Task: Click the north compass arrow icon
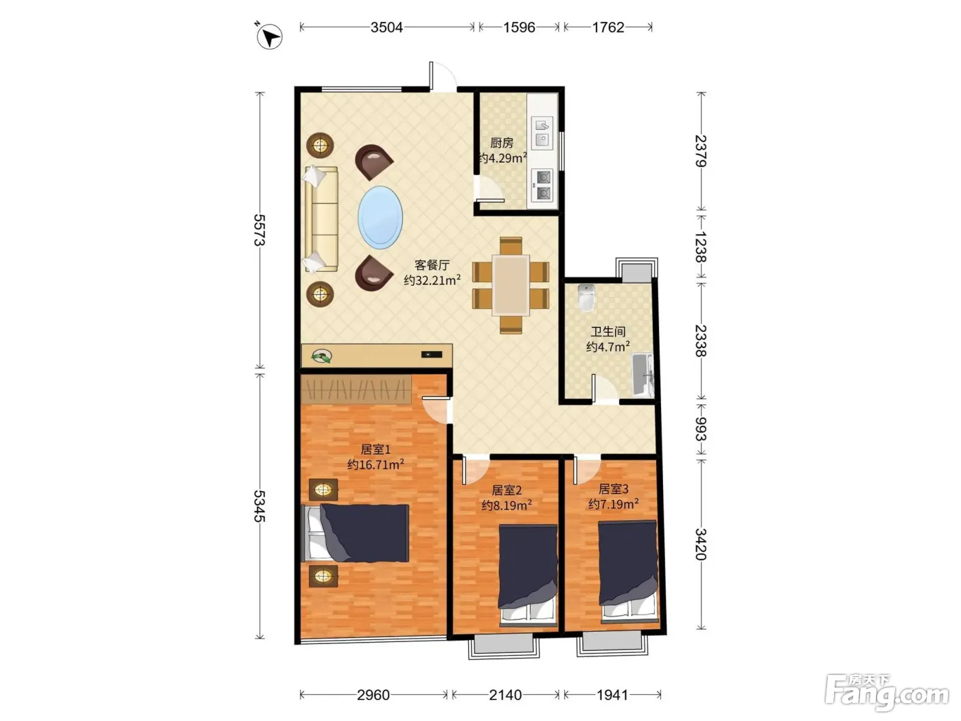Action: pos(269,36)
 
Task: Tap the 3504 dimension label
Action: pos(386,27)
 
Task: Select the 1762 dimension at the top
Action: pos(607,27)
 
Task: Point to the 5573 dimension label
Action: pos(259,230)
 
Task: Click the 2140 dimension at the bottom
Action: pos(505,694)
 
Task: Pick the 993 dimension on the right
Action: pos(701,428)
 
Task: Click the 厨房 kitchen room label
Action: pos(501,143)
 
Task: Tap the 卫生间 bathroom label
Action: pos(607,332)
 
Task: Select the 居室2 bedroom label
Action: pos(507,490)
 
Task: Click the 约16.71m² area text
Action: pos(375,464)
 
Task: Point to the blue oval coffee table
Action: pos(380,218)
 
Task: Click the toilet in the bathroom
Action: pos(586,297)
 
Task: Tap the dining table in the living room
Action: pos(511,285)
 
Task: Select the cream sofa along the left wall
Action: pos(321,218)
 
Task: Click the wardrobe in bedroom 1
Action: pos(356,389)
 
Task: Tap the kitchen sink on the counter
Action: pos(542,132)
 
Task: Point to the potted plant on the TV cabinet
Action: pos(321,356)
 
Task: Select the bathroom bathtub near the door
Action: pos(642,376)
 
